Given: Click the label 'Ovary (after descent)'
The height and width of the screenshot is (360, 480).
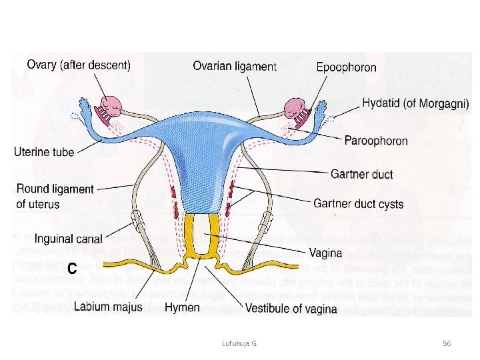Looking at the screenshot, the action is (79, 65).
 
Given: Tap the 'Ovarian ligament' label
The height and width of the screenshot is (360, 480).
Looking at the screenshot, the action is (234, 66).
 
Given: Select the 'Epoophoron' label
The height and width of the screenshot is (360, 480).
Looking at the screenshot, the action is (346, 67).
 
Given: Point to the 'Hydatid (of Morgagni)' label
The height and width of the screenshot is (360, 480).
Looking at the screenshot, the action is (415, 104).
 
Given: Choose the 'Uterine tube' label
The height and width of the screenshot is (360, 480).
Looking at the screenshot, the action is (44, 152).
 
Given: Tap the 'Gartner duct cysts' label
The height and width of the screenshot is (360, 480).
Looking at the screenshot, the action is (358, 203).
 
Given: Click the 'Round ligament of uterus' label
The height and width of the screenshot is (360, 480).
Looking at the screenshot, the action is (55, 197).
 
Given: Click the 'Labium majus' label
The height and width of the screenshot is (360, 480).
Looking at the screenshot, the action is (108, 307).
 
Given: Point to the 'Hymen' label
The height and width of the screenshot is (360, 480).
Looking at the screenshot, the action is (182, 308).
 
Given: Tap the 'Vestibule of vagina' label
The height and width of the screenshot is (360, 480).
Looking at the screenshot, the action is (291, 309).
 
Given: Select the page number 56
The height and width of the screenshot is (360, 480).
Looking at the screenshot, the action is (447, 343).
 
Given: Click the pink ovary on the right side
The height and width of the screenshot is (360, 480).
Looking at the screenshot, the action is (295, 107).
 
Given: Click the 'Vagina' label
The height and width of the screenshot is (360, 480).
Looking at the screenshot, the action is (325, 253).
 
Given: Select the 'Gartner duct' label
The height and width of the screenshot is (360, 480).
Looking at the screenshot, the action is (361, 175).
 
